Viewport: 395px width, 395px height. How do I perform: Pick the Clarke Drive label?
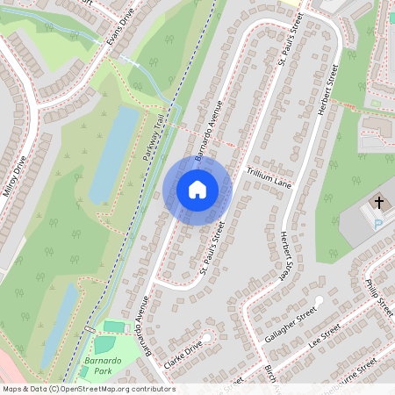(183, 352)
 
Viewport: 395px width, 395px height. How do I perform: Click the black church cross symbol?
(379, 203)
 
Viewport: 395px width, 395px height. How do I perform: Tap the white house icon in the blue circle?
(197, 189)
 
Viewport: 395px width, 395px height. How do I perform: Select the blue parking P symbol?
(378, 224)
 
